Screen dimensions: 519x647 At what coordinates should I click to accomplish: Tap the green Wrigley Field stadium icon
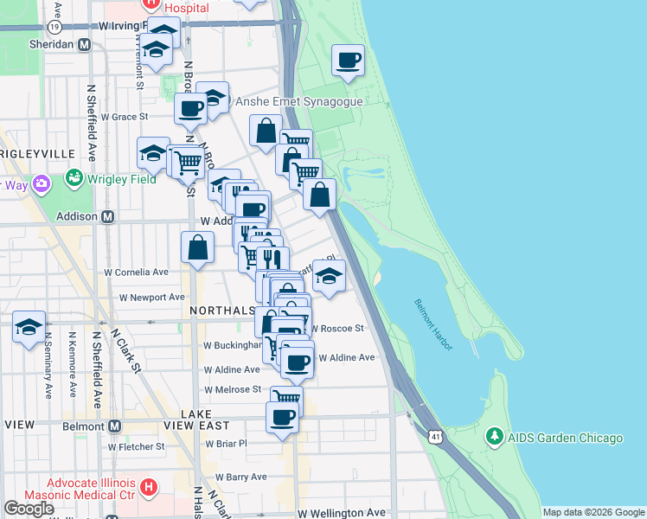click(73, 180)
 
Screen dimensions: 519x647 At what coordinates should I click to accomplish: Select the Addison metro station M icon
click(108, 216)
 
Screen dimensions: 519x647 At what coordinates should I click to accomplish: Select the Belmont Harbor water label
click(432, 324)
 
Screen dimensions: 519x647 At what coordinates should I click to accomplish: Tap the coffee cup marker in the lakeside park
click(349, 61)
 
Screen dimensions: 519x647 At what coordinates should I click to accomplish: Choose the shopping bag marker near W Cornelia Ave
click(198, 248)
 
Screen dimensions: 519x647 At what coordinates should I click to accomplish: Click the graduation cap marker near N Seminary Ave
click(29, 327)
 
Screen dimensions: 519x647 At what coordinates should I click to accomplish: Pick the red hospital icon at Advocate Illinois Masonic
click(148, 489)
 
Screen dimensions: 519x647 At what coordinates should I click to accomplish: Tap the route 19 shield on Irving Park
click(54, 27)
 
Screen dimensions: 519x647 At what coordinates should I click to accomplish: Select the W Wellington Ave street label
click(342, 513)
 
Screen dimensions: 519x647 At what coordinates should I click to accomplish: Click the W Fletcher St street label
click(136, 447)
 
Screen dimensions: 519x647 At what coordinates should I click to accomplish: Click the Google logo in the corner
click(29, 509)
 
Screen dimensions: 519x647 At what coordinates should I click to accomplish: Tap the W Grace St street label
click(125, 116)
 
